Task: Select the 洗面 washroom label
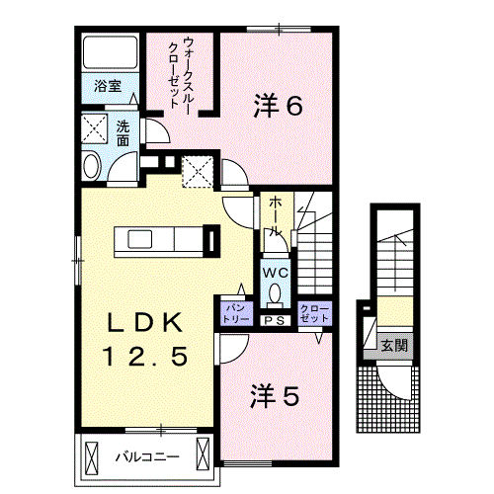[123, 133]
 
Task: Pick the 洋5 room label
[275, 395]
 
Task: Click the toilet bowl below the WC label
[275, 293]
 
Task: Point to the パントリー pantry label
[234, 313]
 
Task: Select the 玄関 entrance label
[393, 346]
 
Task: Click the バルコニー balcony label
[145, 457]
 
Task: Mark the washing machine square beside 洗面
[96, 129]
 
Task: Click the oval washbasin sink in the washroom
[92, 166]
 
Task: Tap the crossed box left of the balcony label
[93, 456]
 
